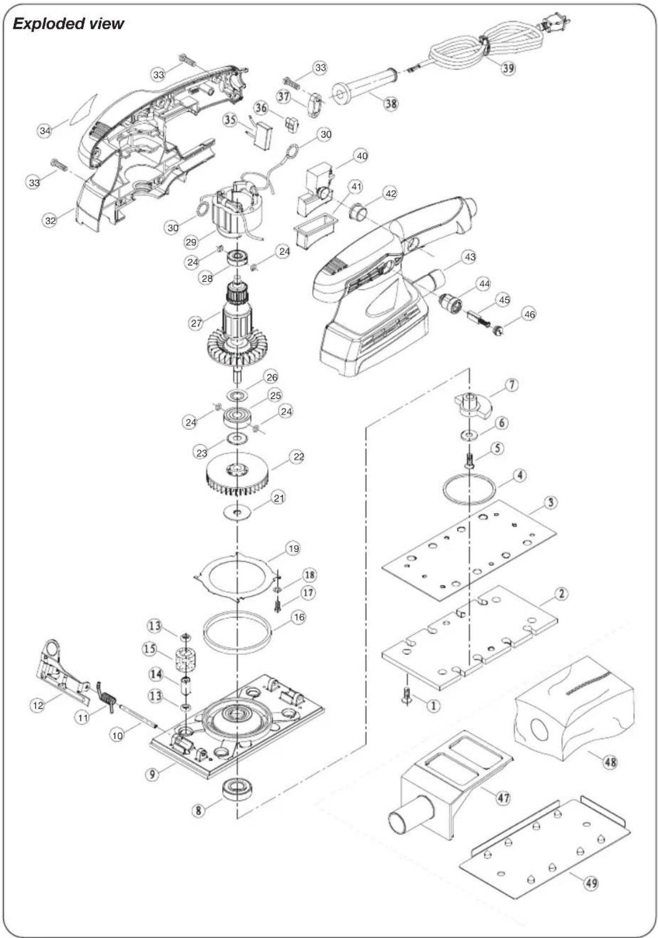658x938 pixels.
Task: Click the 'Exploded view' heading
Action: click(x=68, y=24)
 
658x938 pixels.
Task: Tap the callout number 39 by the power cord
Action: click(x=508, y=68)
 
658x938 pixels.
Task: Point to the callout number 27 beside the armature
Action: click(x=196, y=323)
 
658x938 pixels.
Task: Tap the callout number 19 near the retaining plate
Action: click(x=293, y=548)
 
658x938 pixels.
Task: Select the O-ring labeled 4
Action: click(x=467, y=489)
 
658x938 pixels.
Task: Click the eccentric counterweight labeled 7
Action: click(x=472, y=405)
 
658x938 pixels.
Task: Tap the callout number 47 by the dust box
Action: click(x=503, y=798)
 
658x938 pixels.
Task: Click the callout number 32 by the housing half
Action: click(x=50, y=220)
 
